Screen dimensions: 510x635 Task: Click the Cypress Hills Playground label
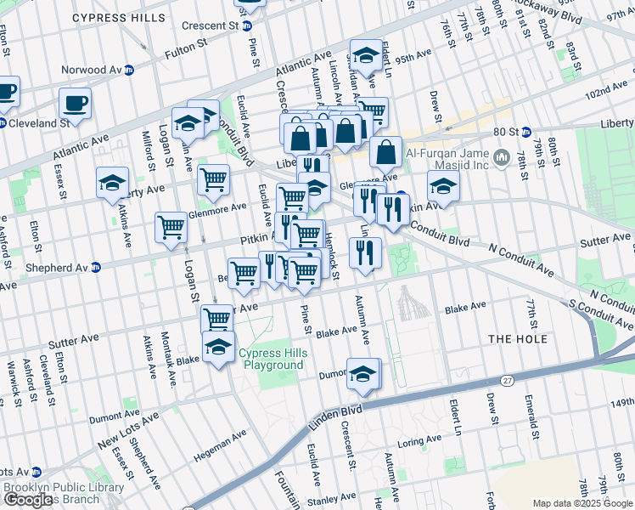(x=271, y=359)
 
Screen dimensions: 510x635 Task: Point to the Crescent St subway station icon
(x=248, y=26)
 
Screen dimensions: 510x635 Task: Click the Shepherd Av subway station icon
(x=96, y=267)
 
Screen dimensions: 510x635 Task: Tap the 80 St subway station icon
(x=525, y=132)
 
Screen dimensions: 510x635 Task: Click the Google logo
(x=28, y=499)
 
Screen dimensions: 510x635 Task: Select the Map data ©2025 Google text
(x=582, y=503)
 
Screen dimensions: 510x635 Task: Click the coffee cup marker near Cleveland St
(x=75, y=105)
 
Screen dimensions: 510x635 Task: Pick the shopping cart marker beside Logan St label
(x=171, y=228)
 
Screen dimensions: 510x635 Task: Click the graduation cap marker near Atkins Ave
(x=113, y=184)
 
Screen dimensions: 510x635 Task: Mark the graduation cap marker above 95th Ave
(x=366, y=56)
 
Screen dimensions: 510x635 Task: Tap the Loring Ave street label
(x=419, y=441)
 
